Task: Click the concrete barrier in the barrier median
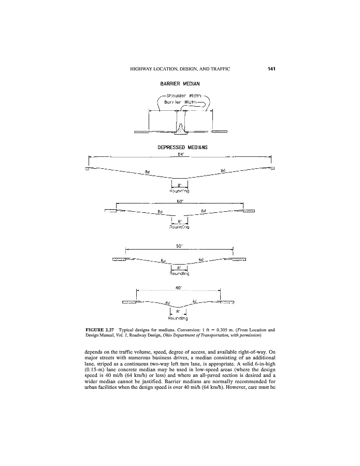[x=180, y=128]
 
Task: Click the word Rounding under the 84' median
[x=180, y=191]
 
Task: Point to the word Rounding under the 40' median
[x=178, y=318]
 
